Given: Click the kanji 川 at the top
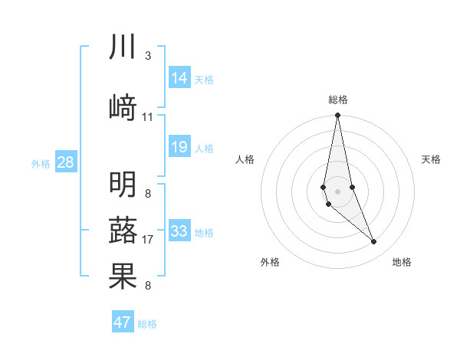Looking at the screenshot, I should [123, 47].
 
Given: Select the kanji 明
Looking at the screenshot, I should [123, 185].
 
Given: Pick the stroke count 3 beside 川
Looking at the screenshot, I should [148, 56].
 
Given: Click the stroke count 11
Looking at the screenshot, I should [148, 117].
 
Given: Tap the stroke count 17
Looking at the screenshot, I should [148, 240].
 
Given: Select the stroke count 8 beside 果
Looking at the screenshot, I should [148, 286].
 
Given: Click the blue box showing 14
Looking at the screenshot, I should [179, 77].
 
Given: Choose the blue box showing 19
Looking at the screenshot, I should [179, 146].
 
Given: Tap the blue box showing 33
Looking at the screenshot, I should [179, 231].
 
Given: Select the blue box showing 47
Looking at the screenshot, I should [123, 322].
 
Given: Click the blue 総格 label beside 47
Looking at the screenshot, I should [147, 324].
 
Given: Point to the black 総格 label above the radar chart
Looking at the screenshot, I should [338, 100].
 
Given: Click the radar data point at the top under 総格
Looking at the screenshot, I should [337, 116].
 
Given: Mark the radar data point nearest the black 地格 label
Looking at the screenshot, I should [374, 242].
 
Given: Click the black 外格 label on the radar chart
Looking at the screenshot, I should [270, 262].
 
